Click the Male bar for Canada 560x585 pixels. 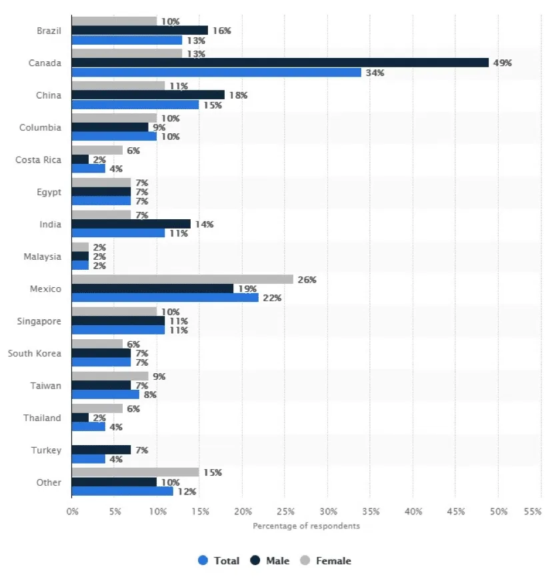(x=280, y=63)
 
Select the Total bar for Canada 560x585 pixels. (x=216, y=72)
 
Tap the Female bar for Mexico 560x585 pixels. (x=182, y=279)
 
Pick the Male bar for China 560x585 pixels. (x=148, y=95)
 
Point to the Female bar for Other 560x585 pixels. (x=135, y=472)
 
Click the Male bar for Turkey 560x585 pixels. (x=101, y=450)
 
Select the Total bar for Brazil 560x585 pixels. (x=127, y=40)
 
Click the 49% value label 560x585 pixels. (x=502, y=63)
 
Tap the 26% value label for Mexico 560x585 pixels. (x=307, y=280)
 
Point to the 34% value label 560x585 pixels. (x=375, y=73)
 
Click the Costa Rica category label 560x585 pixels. (x=38, y=160)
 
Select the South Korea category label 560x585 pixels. (x=35, y=353)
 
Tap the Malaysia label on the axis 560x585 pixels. (x=42, y=257)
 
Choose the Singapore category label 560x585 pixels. (x=39, y=321)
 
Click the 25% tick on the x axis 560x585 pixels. (x=285, y=512)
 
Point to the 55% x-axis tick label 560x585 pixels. (x=532, y=512)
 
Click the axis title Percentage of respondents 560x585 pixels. (x=306, y=526)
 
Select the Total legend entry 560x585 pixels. (x=219, y=561)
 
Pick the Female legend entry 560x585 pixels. (x=325, y=561)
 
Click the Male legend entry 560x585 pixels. (x=271, y=561)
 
